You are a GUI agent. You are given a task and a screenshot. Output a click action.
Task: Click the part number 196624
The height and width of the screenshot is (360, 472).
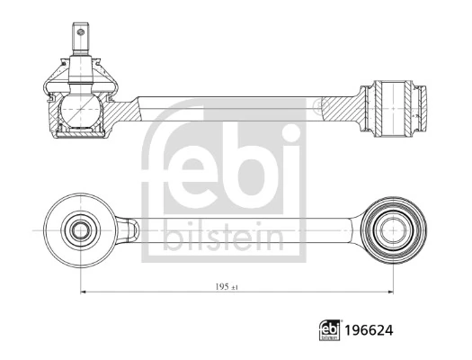tap(369, 330)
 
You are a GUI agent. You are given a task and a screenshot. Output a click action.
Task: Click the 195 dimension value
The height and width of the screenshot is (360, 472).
tap(222, 287)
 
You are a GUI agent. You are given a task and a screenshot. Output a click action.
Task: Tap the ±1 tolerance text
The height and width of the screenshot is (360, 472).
tap(235, 288)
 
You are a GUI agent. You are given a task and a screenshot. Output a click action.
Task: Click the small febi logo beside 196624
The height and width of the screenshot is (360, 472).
tap(329, 330)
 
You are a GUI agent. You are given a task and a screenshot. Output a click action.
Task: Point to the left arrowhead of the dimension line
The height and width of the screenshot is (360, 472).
tap(84, 292)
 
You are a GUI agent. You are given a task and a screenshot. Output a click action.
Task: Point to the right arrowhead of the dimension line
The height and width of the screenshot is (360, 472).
tap(390, 292)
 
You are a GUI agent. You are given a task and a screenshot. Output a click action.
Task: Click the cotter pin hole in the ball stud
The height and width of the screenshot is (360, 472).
tap(80, 31)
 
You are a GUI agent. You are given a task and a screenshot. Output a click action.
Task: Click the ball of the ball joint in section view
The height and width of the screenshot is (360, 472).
tap(80, 109)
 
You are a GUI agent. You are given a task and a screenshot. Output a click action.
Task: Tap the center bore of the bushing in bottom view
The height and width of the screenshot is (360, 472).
tap(393, 230)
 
